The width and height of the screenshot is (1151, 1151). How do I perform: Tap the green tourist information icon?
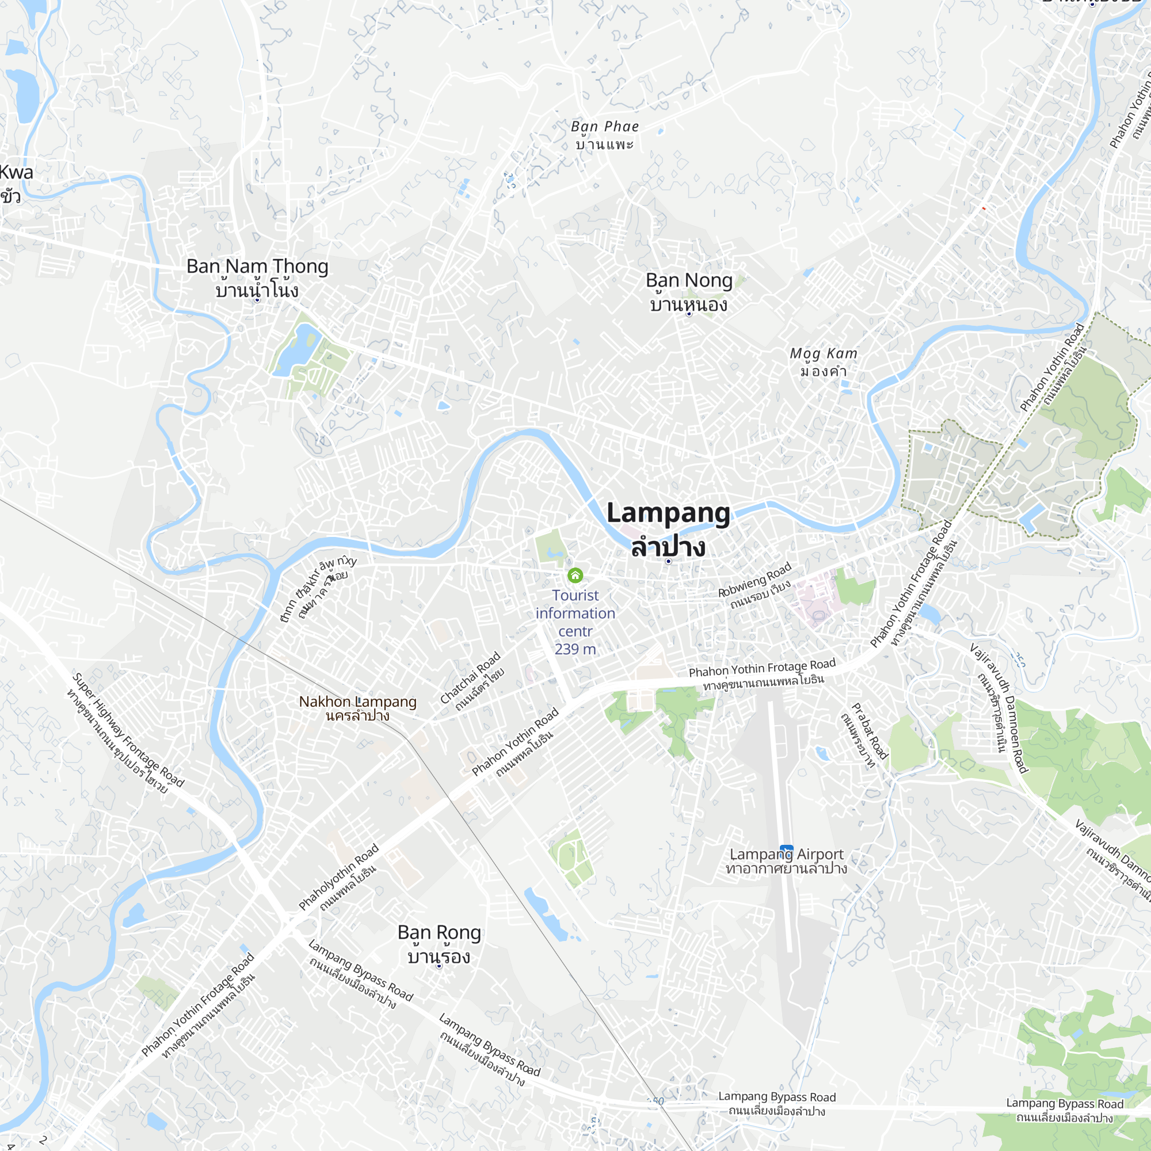(x=575, y=575)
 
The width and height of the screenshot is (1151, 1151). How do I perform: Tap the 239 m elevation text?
(x=575, y=649)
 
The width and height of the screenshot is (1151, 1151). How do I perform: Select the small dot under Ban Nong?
(x=689, y=314)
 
